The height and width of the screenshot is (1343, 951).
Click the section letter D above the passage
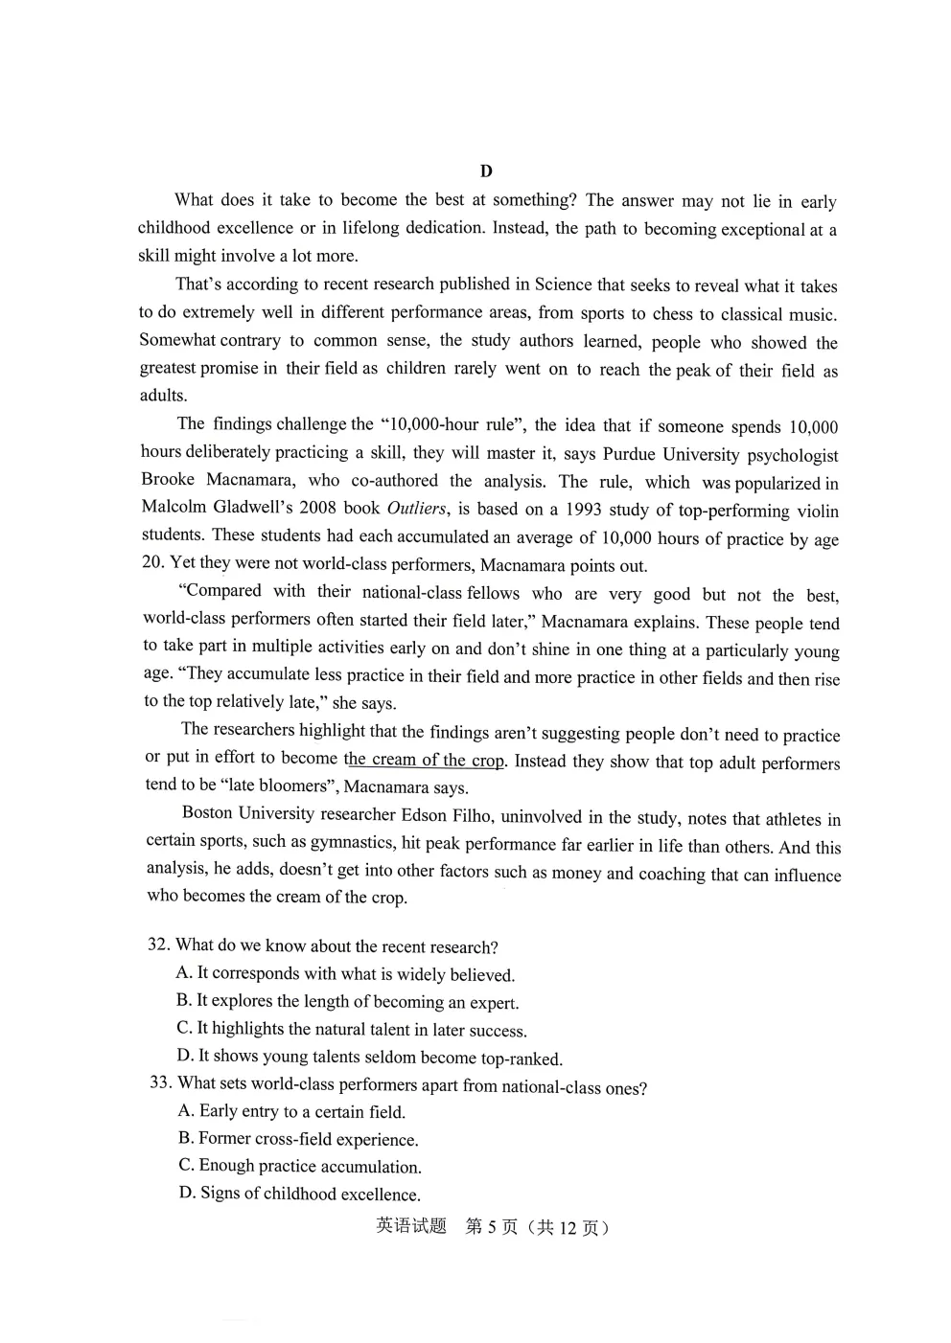486,171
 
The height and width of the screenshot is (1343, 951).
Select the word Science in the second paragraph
564,285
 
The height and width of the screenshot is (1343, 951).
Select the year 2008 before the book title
317,508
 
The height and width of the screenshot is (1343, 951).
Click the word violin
816,511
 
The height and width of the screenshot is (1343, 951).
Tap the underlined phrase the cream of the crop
424,760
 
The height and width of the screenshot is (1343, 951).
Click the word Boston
207,813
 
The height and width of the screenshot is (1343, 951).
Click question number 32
158,945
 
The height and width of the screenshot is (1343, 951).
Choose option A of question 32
345,974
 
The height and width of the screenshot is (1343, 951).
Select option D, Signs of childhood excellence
299,1194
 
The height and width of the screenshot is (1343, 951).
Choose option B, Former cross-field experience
298,1139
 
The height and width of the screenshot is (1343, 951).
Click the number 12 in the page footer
567,1228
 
